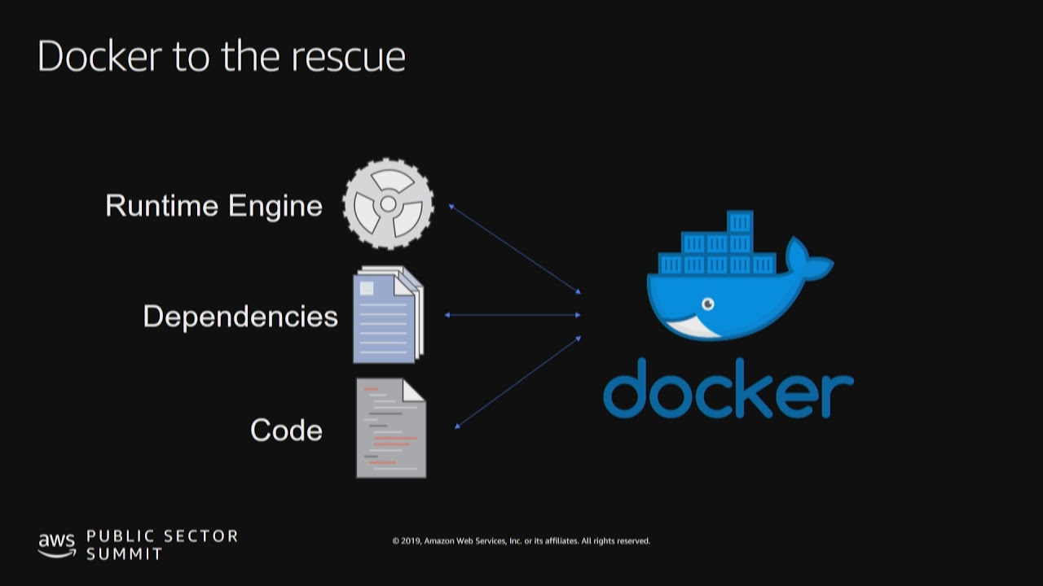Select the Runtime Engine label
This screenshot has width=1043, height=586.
coord(213,206)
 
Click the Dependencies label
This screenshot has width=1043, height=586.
coord(240,317)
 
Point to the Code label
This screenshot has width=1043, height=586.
coord(286,430)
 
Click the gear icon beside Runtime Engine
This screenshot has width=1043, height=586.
coord(389,203)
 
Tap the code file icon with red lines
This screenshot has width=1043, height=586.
coord(391,428)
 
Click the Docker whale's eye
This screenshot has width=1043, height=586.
coord(707,304)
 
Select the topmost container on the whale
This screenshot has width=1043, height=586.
coord(740,221)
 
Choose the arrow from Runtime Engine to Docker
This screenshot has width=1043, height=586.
coord(514,248)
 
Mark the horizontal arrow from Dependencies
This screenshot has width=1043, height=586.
coord(513,315)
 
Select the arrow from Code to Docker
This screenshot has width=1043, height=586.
coord(517,382)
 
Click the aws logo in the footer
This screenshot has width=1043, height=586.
coord(56,544)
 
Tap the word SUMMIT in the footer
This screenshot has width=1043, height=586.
coord(125,554)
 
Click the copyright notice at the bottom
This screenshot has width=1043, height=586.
coord(521,541)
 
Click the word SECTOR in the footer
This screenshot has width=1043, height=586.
coord(200,536)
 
